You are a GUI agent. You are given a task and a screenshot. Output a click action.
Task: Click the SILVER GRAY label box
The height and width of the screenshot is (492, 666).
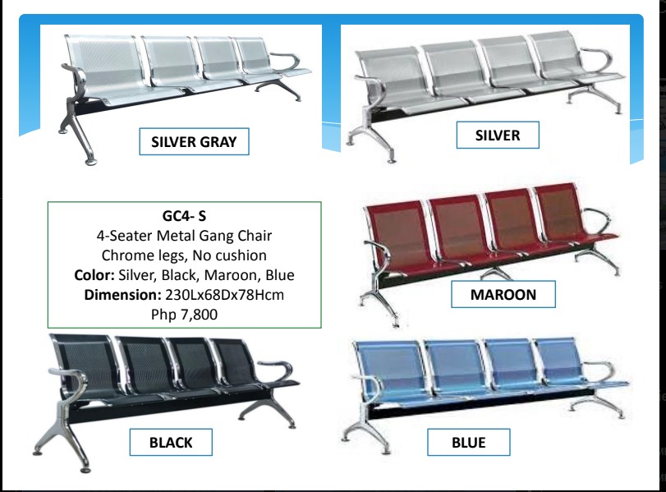click(194, 142)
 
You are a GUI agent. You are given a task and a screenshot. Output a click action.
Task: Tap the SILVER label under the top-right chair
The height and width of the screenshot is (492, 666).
click(498, 136)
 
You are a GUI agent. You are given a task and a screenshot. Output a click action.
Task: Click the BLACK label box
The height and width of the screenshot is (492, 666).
click(171, 443)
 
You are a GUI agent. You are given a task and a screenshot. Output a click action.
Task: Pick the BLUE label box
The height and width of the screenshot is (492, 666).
click(468, 443)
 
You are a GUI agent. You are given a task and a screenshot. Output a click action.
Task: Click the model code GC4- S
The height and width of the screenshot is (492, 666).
click(183, 217)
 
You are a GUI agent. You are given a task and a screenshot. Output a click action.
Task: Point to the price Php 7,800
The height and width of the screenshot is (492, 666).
click(184, 314)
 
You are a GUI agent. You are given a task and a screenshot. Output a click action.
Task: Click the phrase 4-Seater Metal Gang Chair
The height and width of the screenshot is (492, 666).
click(183, 237)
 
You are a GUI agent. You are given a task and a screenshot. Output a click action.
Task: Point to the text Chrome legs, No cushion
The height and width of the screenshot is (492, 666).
click(183, 255)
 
